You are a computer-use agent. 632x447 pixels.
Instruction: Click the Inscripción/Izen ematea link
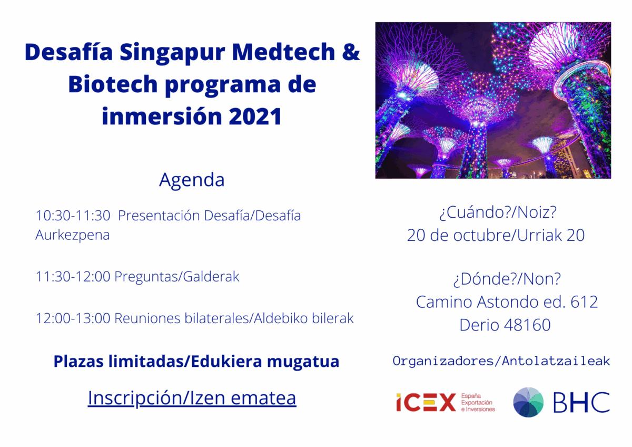(192, 398)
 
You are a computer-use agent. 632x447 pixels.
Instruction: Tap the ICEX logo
(426, 403)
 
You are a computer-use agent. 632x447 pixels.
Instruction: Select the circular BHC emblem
(528, 402)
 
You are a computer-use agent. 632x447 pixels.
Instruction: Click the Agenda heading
(192, 180)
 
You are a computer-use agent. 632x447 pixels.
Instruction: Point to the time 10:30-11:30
(73, 216)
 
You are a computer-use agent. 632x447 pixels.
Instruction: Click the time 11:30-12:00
(73, 277)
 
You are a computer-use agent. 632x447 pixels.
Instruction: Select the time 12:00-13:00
(73, 318)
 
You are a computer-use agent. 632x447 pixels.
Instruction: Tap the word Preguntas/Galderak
(177, 277)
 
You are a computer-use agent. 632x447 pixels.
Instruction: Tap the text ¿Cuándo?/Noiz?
(497, 213)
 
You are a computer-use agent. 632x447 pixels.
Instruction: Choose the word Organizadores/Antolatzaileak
(501, 361)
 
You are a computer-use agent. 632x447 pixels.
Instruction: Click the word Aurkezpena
(73, 235)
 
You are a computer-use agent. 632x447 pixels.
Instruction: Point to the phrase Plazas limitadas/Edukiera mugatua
(196, 362)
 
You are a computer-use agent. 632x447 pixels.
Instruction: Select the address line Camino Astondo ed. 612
(507, 302)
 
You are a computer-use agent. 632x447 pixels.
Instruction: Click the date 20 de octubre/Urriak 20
(496, 236)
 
